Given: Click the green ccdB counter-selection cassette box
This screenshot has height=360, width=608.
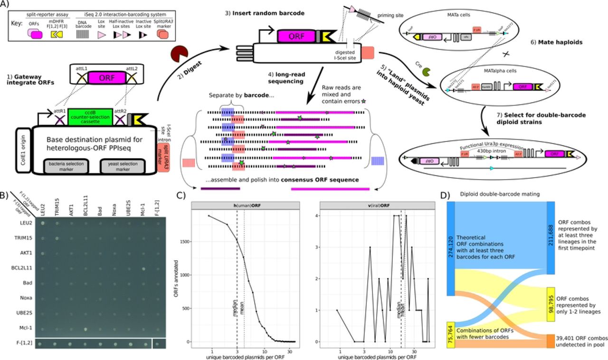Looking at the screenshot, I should point(90,119).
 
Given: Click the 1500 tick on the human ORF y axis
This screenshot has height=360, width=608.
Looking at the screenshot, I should point(186,241).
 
